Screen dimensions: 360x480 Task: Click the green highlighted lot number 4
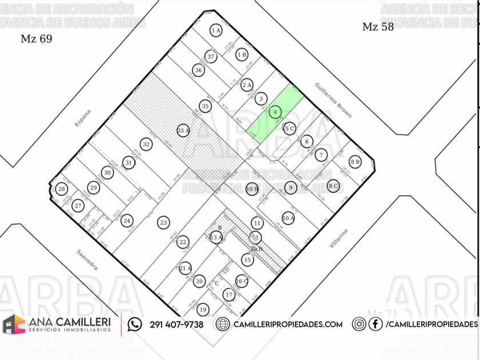[x=275, y=112]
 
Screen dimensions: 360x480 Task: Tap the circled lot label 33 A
[x=183, y=130]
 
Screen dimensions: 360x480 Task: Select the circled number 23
[x=163, y=222]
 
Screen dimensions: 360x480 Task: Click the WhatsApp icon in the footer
[x=135, y=325]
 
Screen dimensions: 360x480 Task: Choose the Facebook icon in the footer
[x=375, y=325]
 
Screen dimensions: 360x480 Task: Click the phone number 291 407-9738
[x=177, y=325]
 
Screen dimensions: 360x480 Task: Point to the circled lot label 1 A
[x=215, y=31]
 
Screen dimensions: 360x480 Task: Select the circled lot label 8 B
[x=355, y=162]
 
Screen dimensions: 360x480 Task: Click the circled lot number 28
[x=61, y=189]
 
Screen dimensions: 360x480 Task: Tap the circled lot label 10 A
[x=288, y=218]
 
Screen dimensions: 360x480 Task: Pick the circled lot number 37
[x=211, y=57]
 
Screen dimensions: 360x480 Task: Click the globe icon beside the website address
[x=223, y=325]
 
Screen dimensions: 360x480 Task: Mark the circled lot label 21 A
[x=185, y=267]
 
